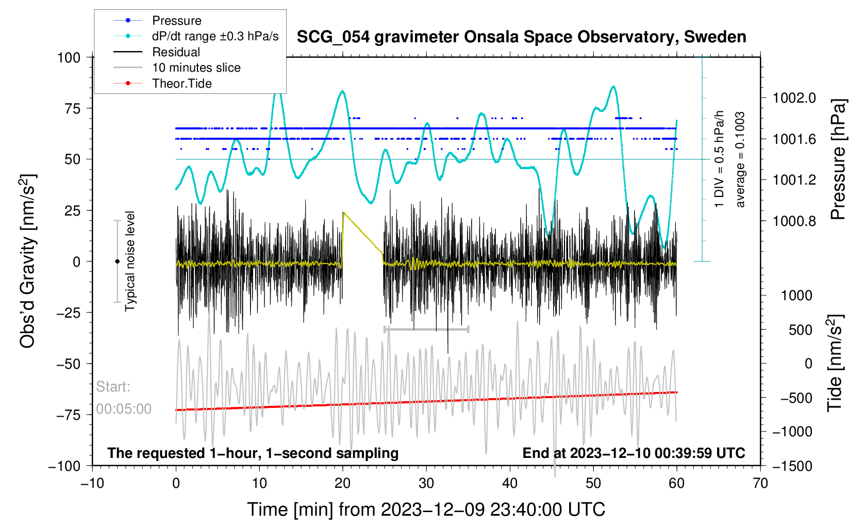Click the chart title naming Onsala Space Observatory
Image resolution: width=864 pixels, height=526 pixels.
521,37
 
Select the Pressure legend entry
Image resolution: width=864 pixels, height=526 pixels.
176,21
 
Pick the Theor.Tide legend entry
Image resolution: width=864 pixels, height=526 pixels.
181,84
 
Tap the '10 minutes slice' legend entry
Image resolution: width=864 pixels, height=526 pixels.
196,68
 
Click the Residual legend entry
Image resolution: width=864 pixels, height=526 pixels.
176,52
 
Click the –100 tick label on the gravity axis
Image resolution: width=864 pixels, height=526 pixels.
64,466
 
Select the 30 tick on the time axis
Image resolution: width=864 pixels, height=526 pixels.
426,483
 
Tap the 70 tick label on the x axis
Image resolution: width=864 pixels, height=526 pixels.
760,483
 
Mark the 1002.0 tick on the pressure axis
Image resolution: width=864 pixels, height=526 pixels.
794,98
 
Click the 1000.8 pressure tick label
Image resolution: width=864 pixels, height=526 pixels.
794,221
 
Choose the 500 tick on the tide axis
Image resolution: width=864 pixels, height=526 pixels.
800,330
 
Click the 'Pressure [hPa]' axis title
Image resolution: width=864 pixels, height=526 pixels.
838,160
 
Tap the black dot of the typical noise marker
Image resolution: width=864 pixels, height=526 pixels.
117,261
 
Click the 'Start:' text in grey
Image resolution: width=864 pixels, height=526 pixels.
113,387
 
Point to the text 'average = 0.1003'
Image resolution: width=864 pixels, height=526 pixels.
740,160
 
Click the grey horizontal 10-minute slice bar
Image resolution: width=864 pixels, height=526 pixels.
426,329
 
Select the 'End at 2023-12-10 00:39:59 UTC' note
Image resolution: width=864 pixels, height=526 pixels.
634,453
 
